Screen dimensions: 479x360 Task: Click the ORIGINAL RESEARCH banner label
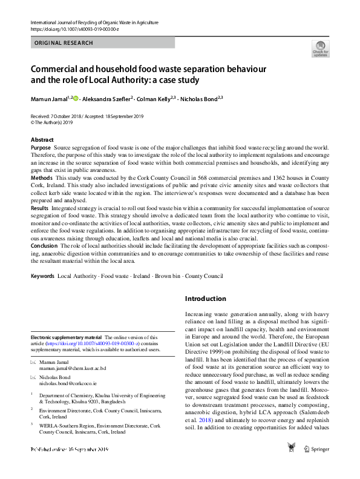64,43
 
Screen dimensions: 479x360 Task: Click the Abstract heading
42,140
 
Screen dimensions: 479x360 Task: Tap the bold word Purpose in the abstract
41,148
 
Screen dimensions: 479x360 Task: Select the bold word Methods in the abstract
41,178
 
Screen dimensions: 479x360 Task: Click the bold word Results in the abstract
40,208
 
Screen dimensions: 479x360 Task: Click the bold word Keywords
42,276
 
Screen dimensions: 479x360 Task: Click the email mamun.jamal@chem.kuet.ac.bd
72,368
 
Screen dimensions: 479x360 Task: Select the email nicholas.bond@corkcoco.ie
68,383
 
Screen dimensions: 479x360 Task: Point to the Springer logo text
319,466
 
